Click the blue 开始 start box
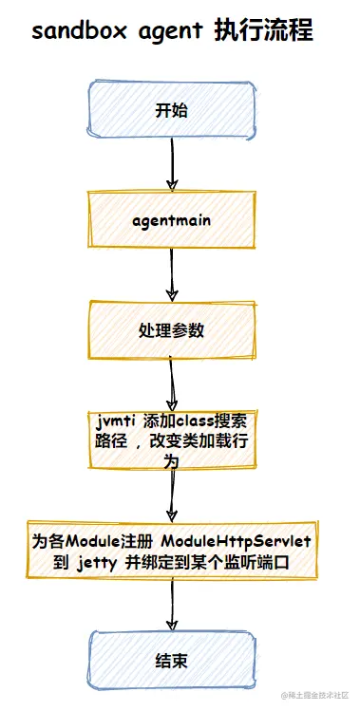coord(172,110)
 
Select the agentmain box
coord(172,221)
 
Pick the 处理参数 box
coord(172,331)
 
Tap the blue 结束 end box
coord(172,659)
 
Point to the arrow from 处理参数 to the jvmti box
coord(172,385)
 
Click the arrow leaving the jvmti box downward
coord(172,494)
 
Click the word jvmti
coord(116,421)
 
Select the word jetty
coord(98,563)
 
